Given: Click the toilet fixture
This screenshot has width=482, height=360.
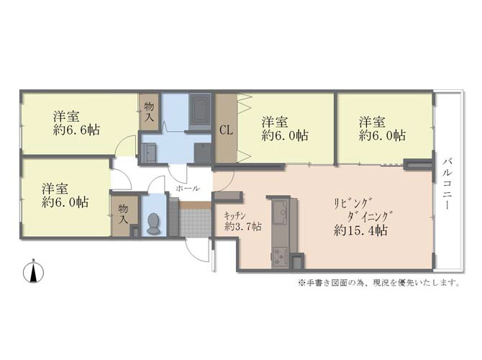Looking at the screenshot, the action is point(153,224).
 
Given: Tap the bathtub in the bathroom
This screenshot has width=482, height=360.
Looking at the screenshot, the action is point(200,109).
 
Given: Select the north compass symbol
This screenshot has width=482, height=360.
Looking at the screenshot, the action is point(34,271).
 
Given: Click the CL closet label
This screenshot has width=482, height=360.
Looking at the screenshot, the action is point(226,130).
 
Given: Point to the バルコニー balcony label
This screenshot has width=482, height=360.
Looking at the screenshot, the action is point(447,184).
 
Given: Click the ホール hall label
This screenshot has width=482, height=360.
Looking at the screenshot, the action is point(188,189).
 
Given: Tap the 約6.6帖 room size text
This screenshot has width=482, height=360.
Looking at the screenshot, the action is point(76,130).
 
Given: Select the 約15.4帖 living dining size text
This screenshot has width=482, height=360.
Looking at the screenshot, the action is point(360,230).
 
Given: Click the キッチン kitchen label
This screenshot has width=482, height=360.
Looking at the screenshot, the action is point(235,215).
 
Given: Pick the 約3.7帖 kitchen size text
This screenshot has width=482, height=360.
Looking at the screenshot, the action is point(243,227).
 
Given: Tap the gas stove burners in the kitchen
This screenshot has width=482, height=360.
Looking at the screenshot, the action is point(279,256).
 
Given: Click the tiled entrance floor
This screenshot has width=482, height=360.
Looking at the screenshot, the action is point(195,223).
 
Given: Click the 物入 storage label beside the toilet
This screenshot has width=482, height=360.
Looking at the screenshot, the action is point(123,214).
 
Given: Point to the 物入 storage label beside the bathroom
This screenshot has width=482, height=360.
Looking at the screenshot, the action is point(149,112).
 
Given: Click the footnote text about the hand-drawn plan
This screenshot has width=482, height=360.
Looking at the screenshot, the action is point(378,282).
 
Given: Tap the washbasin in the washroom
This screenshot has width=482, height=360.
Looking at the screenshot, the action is point(148,153).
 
